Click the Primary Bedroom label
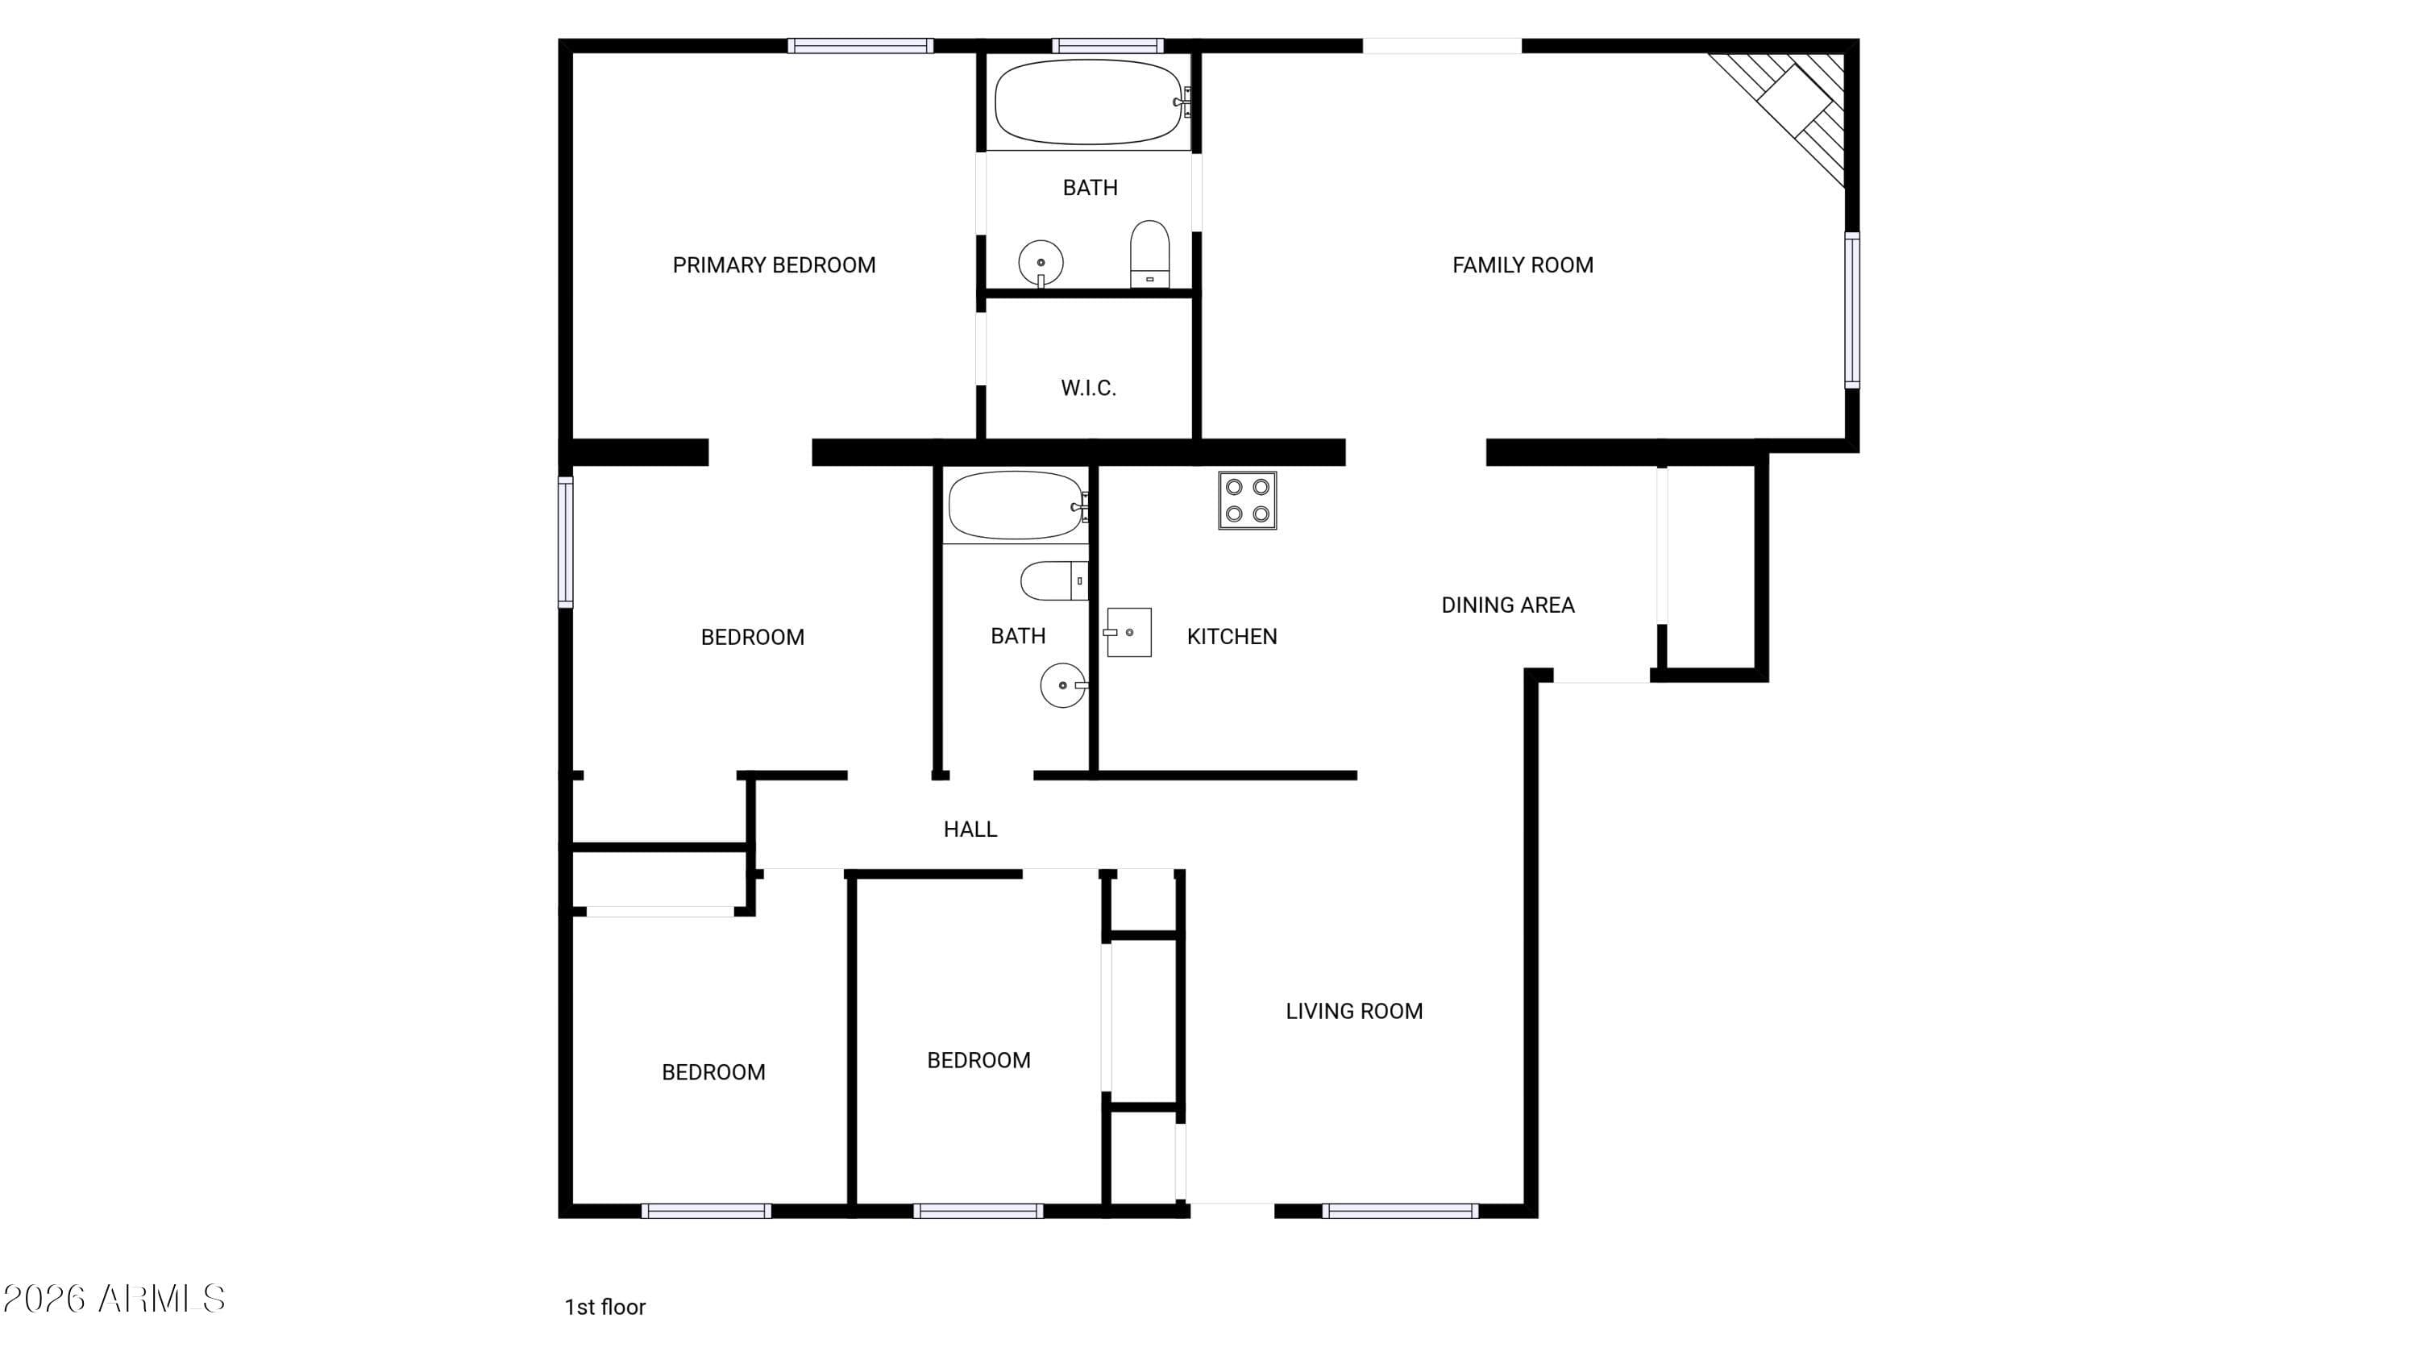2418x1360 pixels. click(x=774, y=265)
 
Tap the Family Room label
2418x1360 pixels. click(x=1523, y=265)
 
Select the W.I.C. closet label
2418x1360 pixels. click(x=1088, y=388)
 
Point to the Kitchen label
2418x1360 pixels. click(x=1232, y=636)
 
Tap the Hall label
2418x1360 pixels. click(x=970, y=829)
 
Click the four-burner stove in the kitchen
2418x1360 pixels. click(x=1248, y=501)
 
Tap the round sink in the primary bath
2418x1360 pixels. click(x=1041, y=263)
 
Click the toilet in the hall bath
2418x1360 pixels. click(x=1054, y=581)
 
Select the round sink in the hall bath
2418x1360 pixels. click(x=1063, y=685)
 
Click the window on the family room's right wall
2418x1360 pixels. click(x=1852, y=310)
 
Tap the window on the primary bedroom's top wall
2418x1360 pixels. click(x=860, y=45)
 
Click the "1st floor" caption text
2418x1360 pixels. click(x=604, y=1307)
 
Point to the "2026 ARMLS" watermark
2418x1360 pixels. click(x=114, y=1299)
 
